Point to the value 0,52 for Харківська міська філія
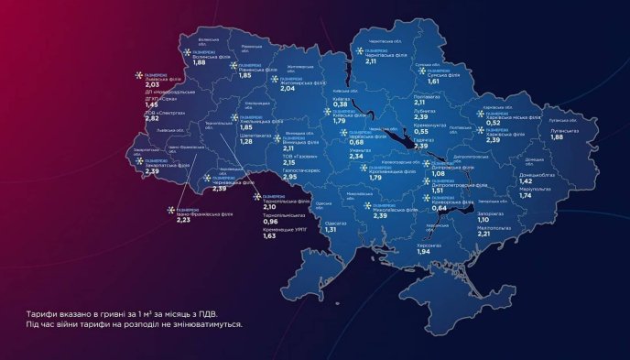[493, 124]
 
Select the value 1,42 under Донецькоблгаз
[526, 181]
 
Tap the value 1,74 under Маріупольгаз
[526, 196]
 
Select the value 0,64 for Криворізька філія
[439, 208]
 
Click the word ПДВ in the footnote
[198, 313]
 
